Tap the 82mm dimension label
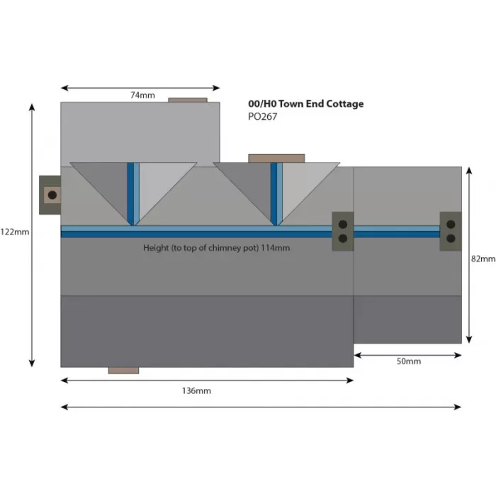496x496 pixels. (483, 259)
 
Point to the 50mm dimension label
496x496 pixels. (408, 361)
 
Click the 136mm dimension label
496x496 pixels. (197, 390)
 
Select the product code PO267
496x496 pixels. (262, 117)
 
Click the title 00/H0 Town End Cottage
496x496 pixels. (305, 103)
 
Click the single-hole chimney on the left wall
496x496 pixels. (51, 193)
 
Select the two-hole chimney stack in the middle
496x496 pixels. (343, 231)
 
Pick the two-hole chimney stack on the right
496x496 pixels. (451, 231)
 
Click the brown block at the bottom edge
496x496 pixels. (123, 370)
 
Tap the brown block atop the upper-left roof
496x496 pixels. (188, 101)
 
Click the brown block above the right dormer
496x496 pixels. (276, 158)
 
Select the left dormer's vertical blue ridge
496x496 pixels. (131, 193)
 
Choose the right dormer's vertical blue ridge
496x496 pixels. (274, 193)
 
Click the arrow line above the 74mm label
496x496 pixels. (140, 88)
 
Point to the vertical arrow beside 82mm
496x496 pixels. (468, 255)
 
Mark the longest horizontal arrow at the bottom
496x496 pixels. (261, 407)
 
